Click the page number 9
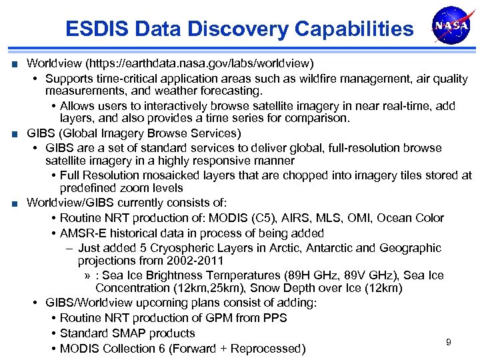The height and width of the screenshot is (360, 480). click(x=448, y=342)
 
